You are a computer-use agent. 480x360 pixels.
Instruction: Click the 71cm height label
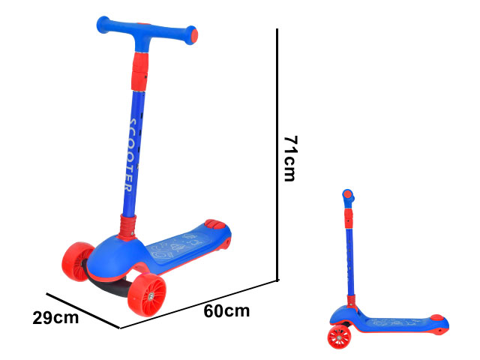tap(290, 158)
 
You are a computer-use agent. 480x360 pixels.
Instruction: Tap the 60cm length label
tap(226, 311)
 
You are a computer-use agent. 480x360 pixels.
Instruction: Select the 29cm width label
tap(55, 318)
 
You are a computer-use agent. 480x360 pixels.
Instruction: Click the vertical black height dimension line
tap(277, 154)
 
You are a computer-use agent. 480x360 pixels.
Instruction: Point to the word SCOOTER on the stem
tap(132, 155)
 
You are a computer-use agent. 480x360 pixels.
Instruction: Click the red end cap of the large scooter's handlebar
tap(194, 35)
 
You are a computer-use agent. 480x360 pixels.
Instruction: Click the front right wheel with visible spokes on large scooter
tap(147, 295)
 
